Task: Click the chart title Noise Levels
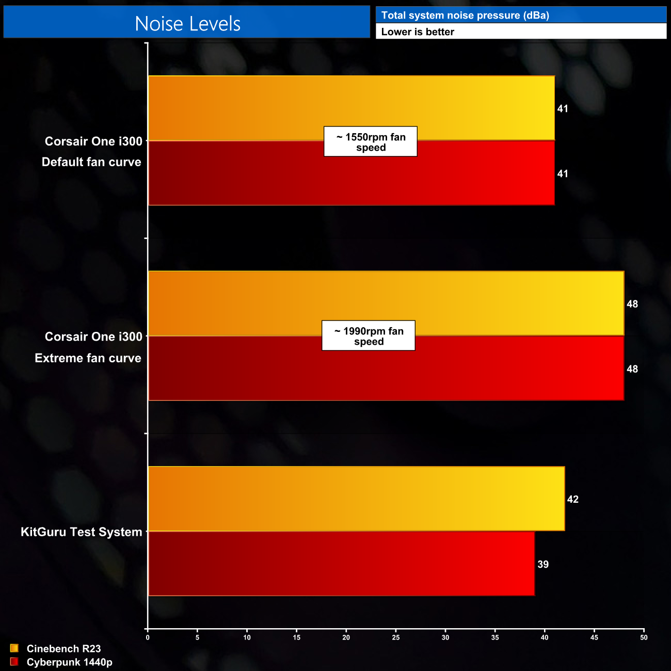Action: click(x=187, y=24)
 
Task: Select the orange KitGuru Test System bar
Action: click(x=356, y=499)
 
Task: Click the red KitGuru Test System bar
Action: click(x=341, y=564)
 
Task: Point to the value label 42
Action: click(x=572, y=499)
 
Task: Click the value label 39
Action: click(x=542, y=564)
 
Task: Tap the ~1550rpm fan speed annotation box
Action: click(x=371, y=141)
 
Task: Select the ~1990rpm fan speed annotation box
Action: click(x=369, y=335)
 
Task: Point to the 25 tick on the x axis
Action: click(x=396, y=637)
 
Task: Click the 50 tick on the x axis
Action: click(x=644, y=637)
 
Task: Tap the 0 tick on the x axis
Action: click(x=148, y=637)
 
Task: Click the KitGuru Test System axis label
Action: click(x=81, y=532)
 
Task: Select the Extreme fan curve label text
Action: click(x=88, y=358)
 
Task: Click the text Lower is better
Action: click(x=418, y=31)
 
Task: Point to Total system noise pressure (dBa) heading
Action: click(x=465, y=15)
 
